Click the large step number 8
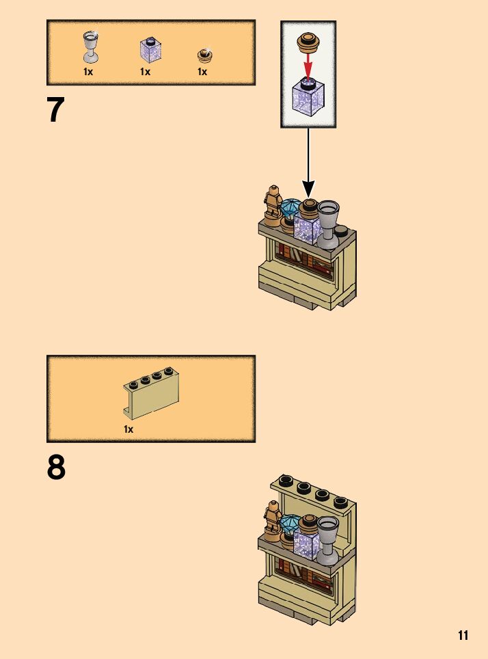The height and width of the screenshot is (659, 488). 56,468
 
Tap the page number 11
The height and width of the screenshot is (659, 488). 463,636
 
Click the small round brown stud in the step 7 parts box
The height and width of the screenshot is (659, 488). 203,55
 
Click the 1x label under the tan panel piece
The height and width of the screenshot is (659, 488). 128,429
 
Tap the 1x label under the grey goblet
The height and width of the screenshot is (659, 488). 88,71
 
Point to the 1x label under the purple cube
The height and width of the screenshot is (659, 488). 145,71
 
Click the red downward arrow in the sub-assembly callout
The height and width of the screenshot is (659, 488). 308,67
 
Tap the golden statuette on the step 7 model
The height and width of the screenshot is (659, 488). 274,204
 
